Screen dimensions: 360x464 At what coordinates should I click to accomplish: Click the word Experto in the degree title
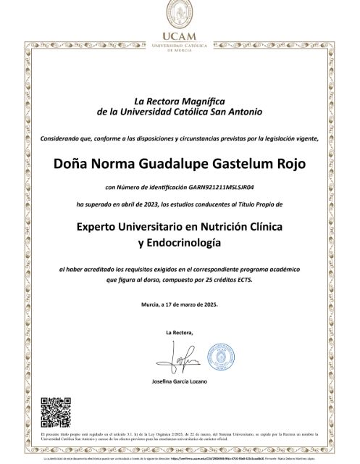coord(101,227)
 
